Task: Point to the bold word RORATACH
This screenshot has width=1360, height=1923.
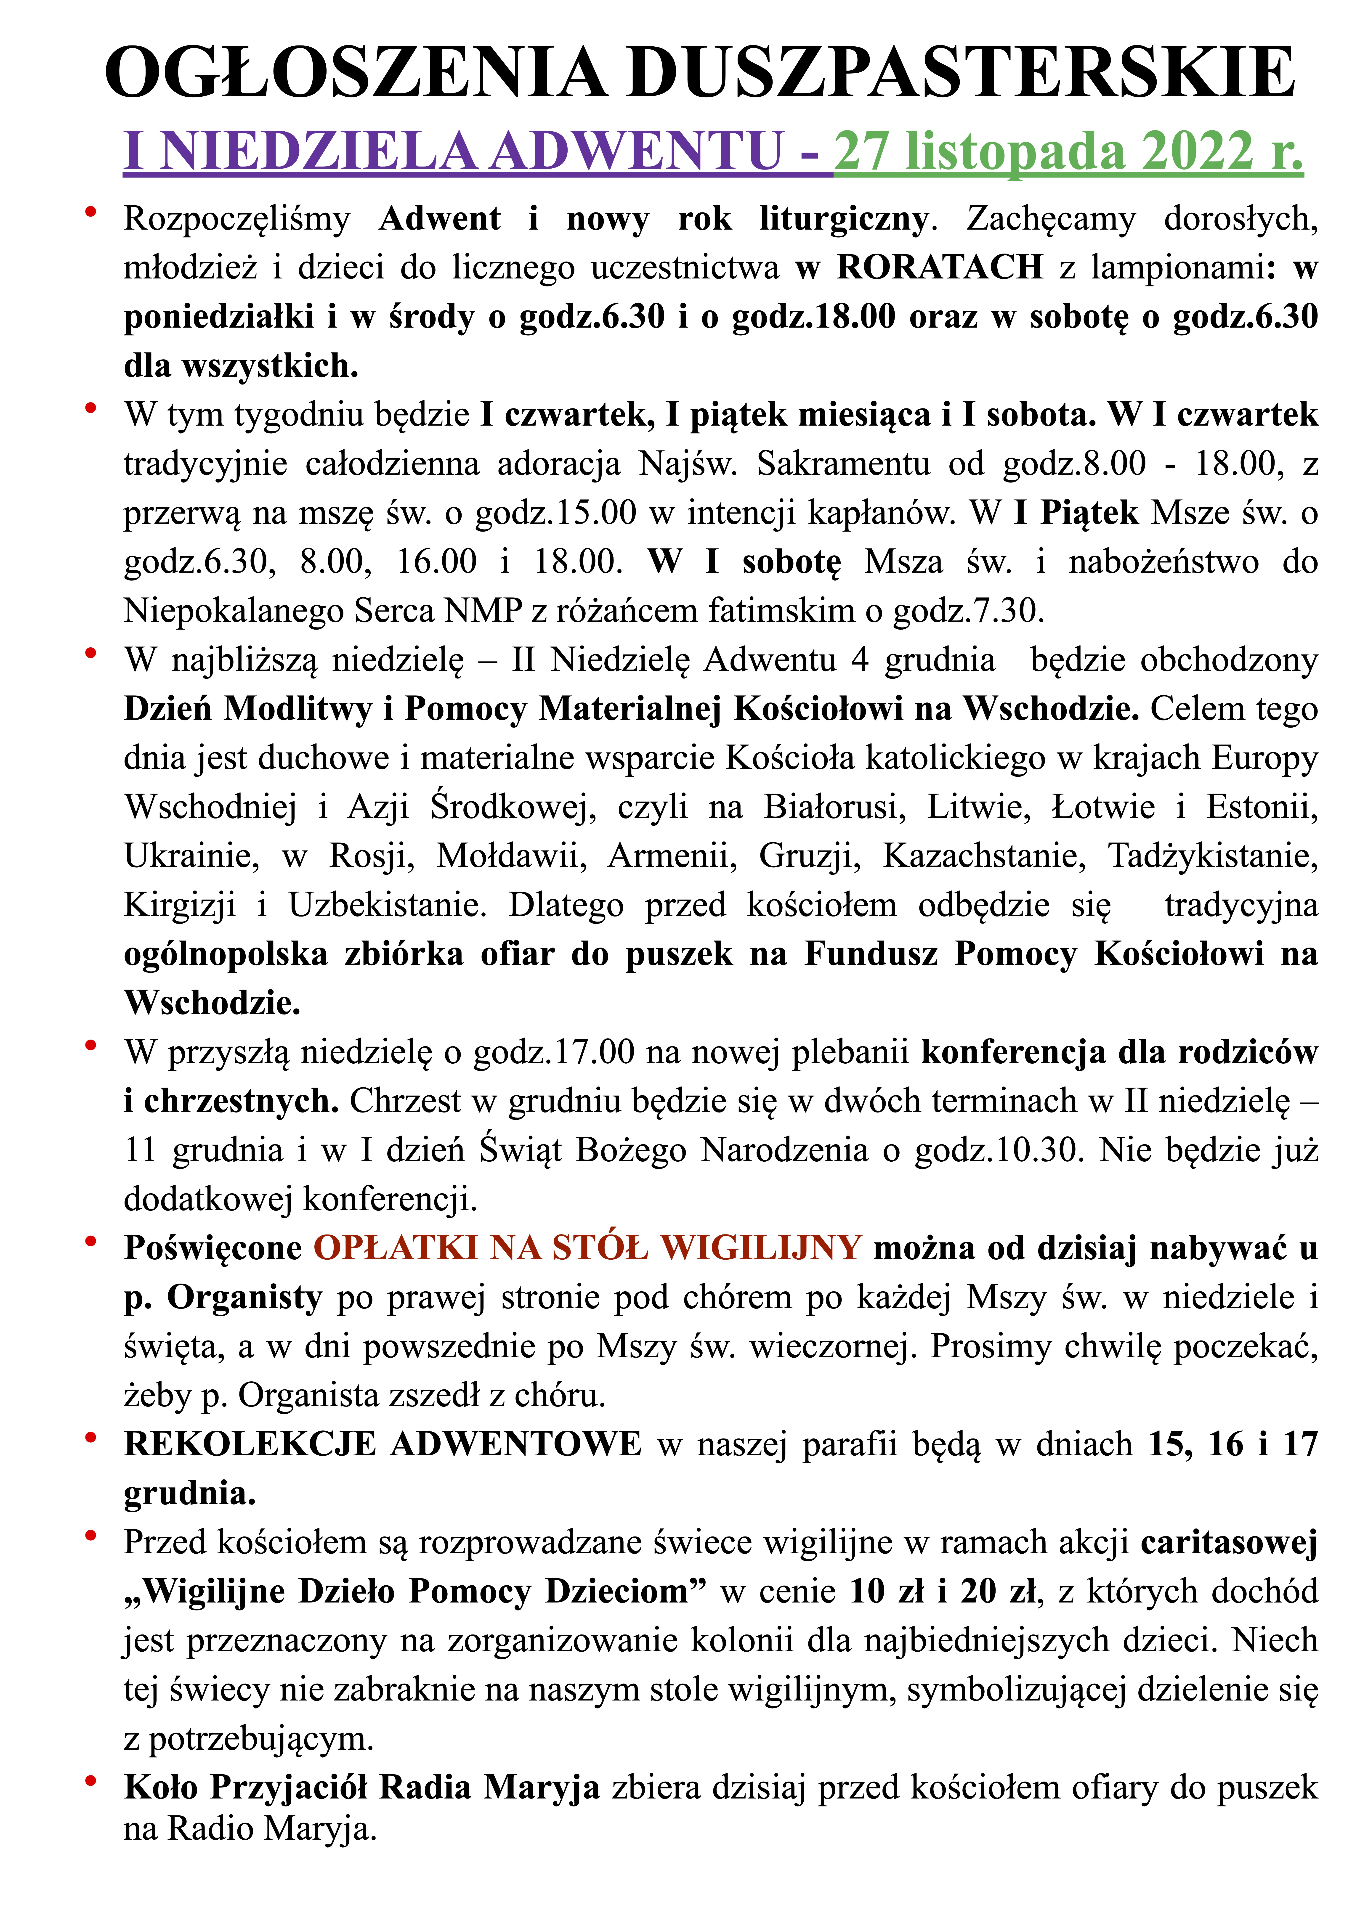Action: (x=940, y=267)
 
